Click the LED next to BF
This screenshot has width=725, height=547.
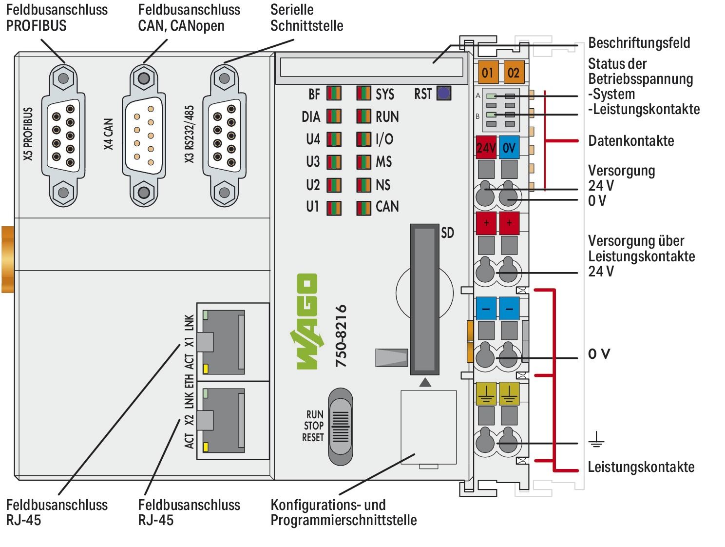334,94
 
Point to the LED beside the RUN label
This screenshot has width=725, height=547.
363,117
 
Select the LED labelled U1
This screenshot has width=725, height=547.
334,208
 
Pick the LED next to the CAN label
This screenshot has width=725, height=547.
363,207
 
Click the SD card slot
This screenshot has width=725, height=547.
424,298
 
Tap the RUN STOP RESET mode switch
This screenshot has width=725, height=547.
340,427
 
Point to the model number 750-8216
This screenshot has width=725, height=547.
341,336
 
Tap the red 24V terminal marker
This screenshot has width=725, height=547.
486,148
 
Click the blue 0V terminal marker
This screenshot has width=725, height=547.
509,148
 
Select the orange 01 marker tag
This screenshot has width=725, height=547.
487,73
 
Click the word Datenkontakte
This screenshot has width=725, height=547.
631,141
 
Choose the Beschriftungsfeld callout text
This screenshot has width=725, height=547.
639,43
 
